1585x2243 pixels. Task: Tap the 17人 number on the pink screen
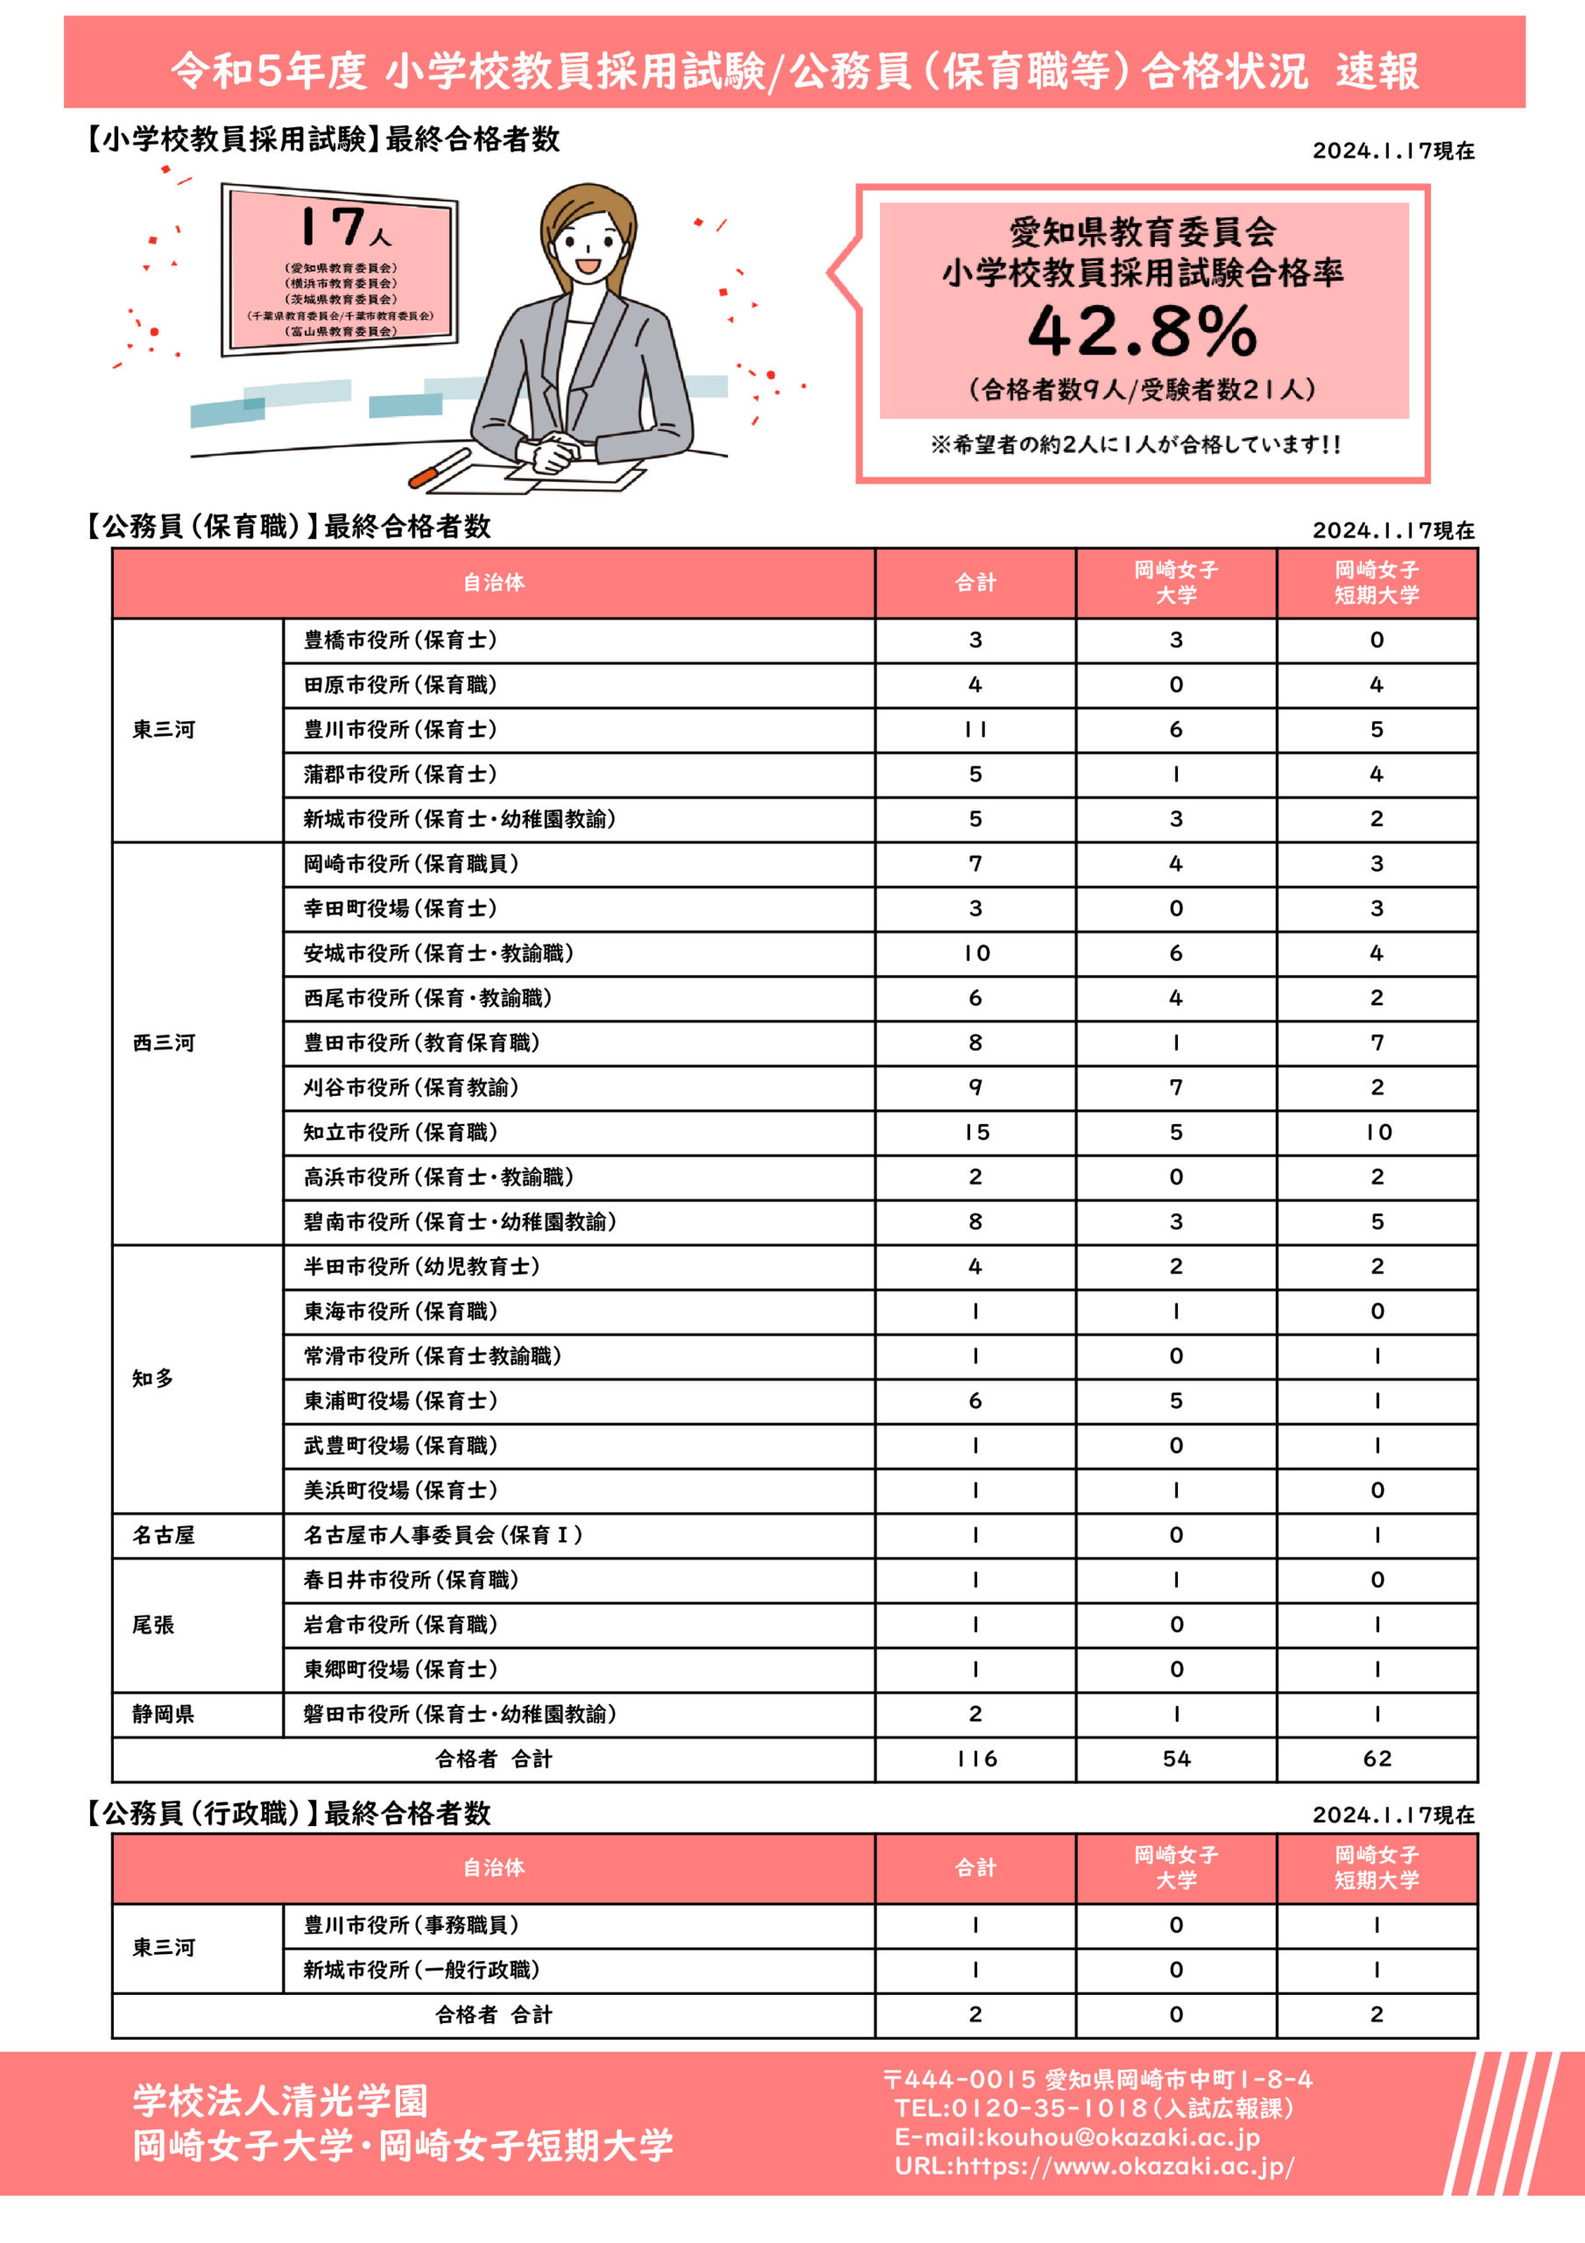pos(342,227)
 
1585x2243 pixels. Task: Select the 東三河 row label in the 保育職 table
pos(164,730)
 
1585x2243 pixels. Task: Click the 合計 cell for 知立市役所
pos(976,1132)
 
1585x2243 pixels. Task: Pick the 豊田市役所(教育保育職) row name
pos(421,1043)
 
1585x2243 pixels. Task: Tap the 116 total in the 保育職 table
pos(976,1758)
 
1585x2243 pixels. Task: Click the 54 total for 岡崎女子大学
pos(1176,1758)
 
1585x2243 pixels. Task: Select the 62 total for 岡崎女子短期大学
pos(1376,1758)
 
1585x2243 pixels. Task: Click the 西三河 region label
pos(164,1043)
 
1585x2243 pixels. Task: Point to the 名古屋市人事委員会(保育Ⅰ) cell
pos(442,1535)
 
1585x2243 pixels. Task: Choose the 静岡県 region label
pos(163,1714)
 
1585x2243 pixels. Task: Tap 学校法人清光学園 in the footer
pos(280,2099)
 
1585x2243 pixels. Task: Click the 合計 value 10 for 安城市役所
pos(976,953)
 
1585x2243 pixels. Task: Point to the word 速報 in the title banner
pos(1377,70)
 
